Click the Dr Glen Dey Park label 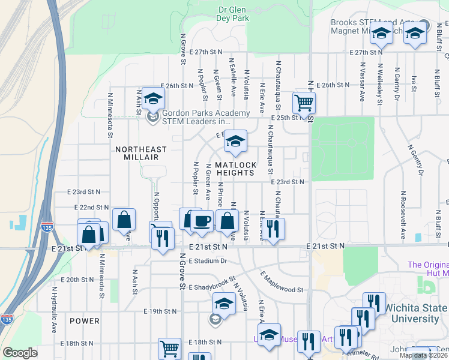233,14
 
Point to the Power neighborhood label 84,321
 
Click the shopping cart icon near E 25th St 304,102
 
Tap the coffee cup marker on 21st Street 202,220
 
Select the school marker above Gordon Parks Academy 153,98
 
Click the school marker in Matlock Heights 235,142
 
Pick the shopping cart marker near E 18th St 169,348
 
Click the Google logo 20,353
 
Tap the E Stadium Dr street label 209,261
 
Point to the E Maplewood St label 282,282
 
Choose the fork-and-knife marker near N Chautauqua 273,229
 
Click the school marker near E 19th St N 224,305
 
